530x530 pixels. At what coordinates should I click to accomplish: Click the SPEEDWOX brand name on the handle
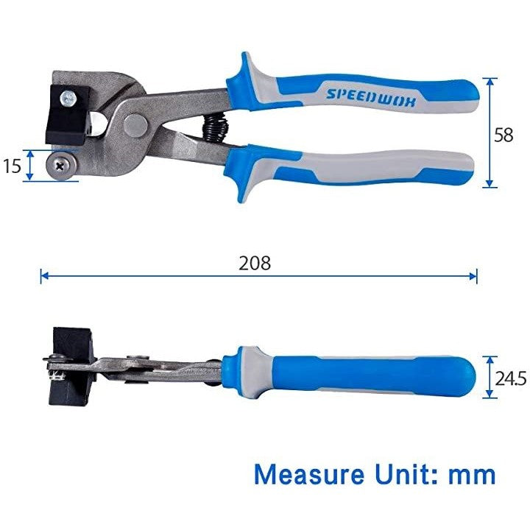pos(370,98)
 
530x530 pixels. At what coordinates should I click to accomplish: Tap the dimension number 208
pos(255,263)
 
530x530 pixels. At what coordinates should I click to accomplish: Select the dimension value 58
pos(504,135)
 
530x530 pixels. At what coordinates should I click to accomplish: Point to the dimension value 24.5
pos(511,378)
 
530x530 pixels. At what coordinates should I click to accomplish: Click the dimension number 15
pos(13,166)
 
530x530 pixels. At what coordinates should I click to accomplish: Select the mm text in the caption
pos(472,476)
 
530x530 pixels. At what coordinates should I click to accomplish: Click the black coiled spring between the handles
pos(215,127)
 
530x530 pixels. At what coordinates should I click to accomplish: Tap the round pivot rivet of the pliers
pos(135,124)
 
